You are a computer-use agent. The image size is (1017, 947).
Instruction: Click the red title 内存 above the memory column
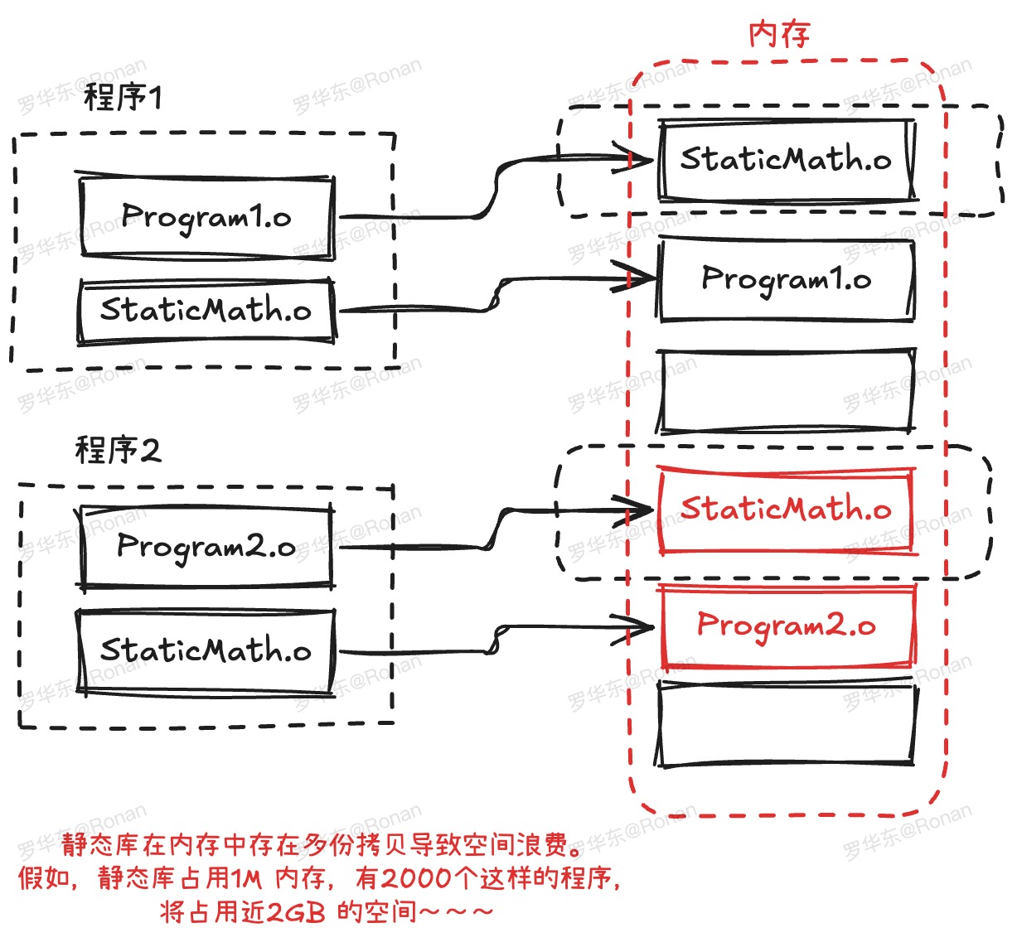(778, 35)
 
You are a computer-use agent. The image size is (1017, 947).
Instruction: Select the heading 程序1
(123, 98)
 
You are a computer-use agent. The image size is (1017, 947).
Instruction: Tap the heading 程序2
(118, 451)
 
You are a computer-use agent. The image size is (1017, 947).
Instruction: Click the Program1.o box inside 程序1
(206, 217)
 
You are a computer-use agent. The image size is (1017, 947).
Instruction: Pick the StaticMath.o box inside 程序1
(206, 311)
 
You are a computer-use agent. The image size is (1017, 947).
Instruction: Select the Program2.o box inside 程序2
(206, 547)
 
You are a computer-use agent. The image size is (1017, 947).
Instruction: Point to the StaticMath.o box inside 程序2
(206, 650)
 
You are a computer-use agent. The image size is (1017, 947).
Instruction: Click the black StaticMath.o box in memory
(786, 159)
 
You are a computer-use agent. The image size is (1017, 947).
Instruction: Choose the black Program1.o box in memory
(786, 279)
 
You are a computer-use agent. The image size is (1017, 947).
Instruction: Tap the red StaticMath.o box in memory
(786, 509)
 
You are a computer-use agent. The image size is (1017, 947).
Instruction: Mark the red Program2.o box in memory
(786, 625)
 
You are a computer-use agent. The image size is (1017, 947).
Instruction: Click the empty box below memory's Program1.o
(786, 391)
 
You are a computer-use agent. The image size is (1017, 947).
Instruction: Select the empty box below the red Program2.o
(786, 724)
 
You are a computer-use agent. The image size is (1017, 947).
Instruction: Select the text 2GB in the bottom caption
(297, 912)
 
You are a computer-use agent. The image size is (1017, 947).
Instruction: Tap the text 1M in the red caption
(246, 878)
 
